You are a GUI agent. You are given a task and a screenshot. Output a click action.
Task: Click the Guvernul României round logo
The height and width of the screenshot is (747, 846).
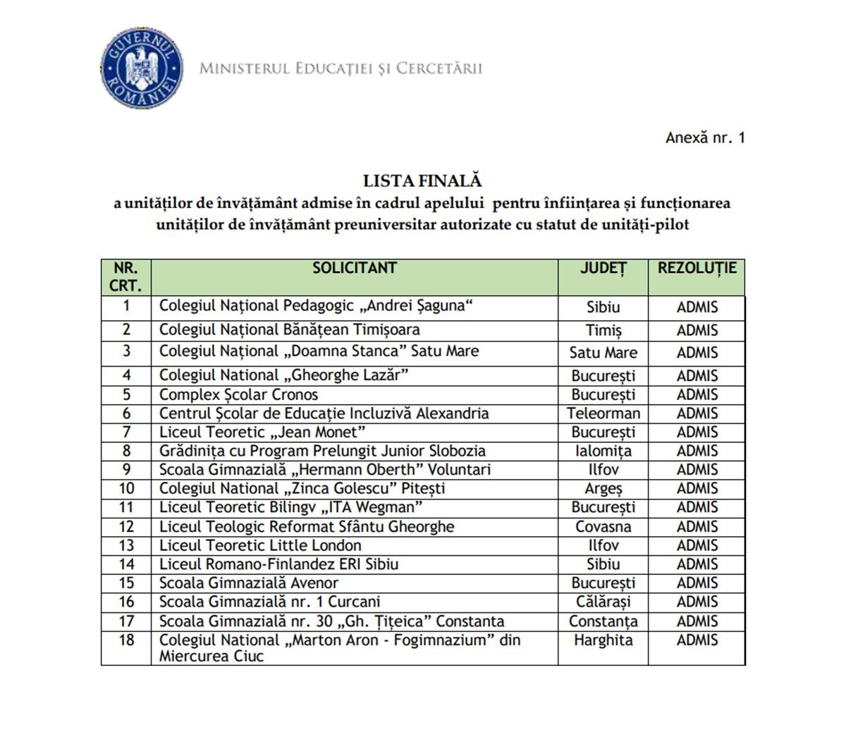click(142, 69)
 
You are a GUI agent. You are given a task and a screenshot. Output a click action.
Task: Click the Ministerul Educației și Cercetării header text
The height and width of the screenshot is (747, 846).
click(341, 68)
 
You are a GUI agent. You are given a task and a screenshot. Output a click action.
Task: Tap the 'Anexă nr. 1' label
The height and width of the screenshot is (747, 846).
click(704, 138)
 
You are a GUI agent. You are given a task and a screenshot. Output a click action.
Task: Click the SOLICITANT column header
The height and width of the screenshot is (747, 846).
click(355, 269)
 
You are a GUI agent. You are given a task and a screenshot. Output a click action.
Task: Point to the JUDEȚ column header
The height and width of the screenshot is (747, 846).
click(603, 269)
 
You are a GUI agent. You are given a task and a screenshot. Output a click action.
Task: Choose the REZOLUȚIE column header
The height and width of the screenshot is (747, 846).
click(697, 269)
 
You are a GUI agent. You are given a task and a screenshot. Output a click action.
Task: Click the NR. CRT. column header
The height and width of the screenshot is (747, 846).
click(126, 277)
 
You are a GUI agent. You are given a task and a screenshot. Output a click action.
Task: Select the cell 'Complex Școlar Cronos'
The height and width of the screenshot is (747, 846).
click(238, 394)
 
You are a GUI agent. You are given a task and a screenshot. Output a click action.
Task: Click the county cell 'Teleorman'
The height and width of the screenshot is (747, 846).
click(603, 413)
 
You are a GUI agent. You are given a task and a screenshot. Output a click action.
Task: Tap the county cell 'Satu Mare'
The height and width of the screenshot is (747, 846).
click(603, 353)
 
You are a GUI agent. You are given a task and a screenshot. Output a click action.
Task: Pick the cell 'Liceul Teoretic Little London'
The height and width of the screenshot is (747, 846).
click(260, 545)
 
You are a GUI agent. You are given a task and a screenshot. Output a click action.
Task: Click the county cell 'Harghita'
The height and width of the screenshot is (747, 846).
click(603, 640)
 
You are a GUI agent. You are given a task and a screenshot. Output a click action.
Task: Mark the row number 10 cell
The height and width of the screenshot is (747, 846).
click(126, 489)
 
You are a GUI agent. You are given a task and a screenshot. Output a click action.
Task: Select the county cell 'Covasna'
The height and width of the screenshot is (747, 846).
click(603, 527)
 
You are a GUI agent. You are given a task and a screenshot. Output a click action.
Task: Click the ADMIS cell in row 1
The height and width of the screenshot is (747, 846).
click(697, 308)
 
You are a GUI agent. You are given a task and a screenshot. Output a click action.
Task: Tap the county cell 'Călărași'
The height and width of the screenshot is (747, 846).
click(603, 602)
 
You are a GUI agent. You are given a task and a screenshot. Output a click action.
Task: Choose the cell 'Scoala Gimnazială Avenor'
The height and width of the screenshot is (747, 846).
click(248, 583)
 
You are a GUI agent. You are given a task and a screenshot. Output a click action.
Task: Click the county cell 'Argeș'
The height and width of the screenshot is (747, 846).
click(603, 489)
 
